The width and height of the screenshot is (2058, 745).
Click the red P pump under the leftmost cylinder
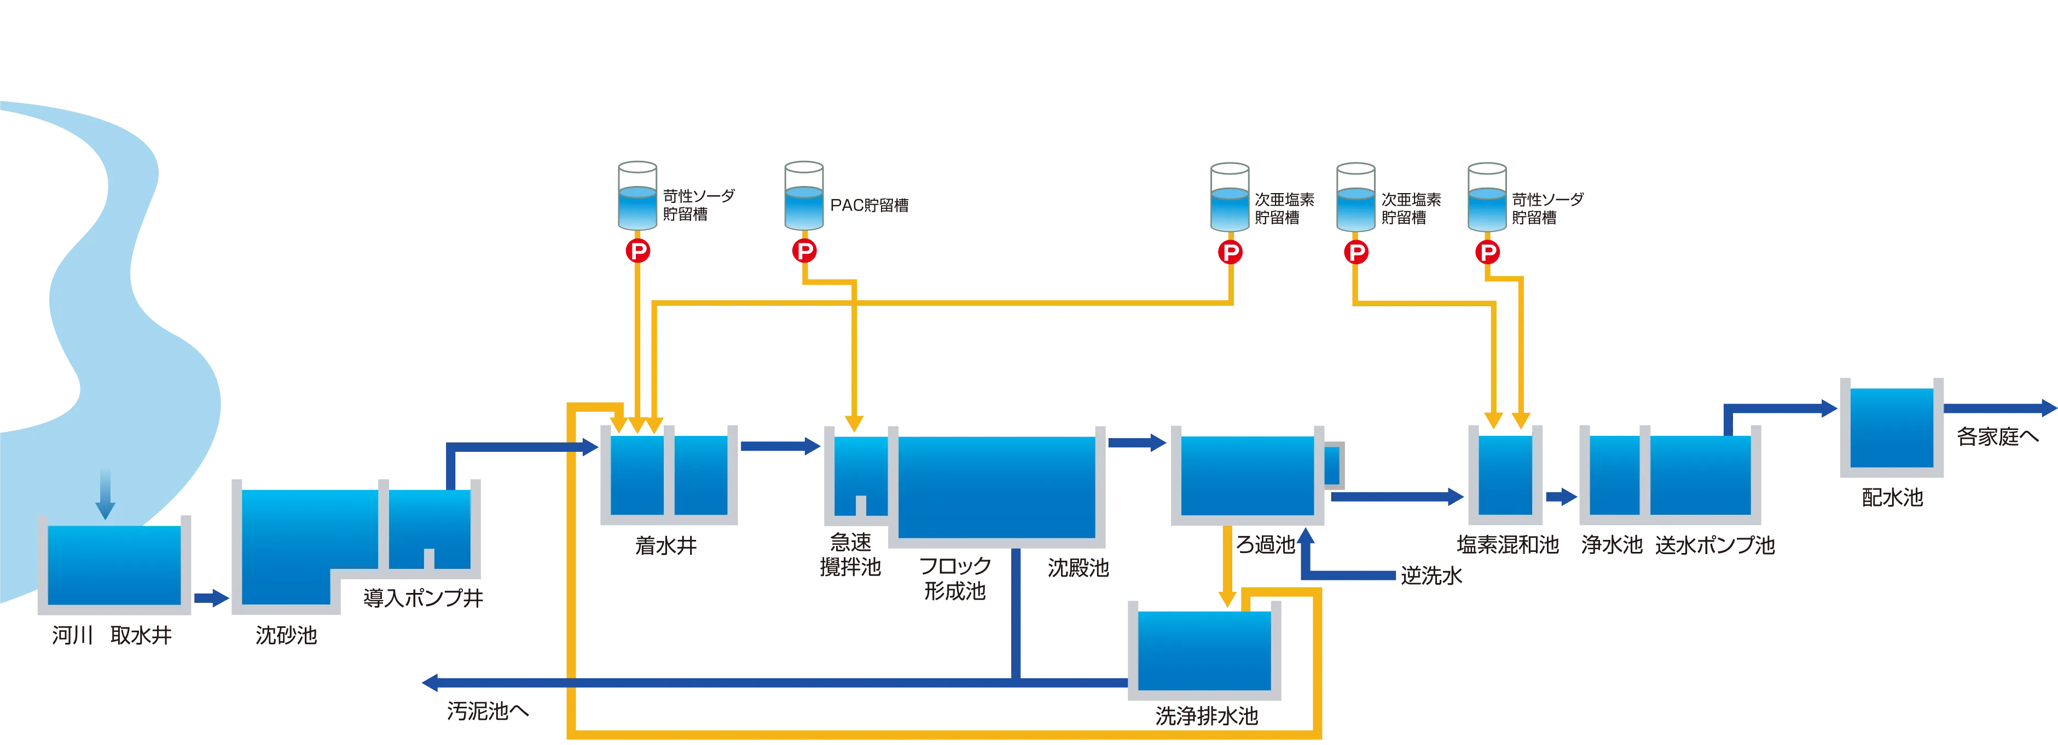[x=637, y=252]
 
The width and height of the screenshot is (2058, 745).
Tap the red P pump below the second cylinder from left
[x=804, y=252]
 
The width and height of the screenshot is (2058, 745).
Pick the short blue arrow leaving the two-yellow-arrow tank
[x=1561, y=497]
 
